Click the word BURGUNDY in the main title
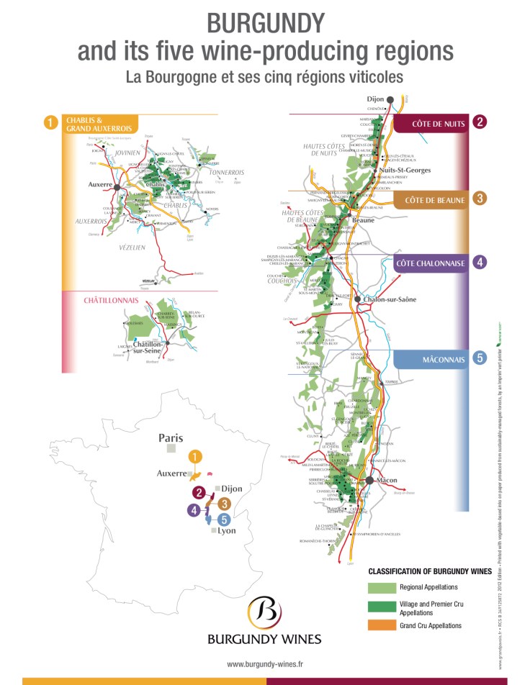coord(265,23)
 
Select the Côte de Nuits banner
coord(431,123)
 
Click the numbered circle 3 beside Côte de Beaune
coord(480,199)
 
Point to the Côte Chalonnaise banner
coord(431,263)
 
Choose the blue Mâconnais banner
coord(431,357)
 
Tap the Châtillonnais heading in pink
coord(106,299)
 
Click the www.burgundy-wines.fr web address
coord(264,664)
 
